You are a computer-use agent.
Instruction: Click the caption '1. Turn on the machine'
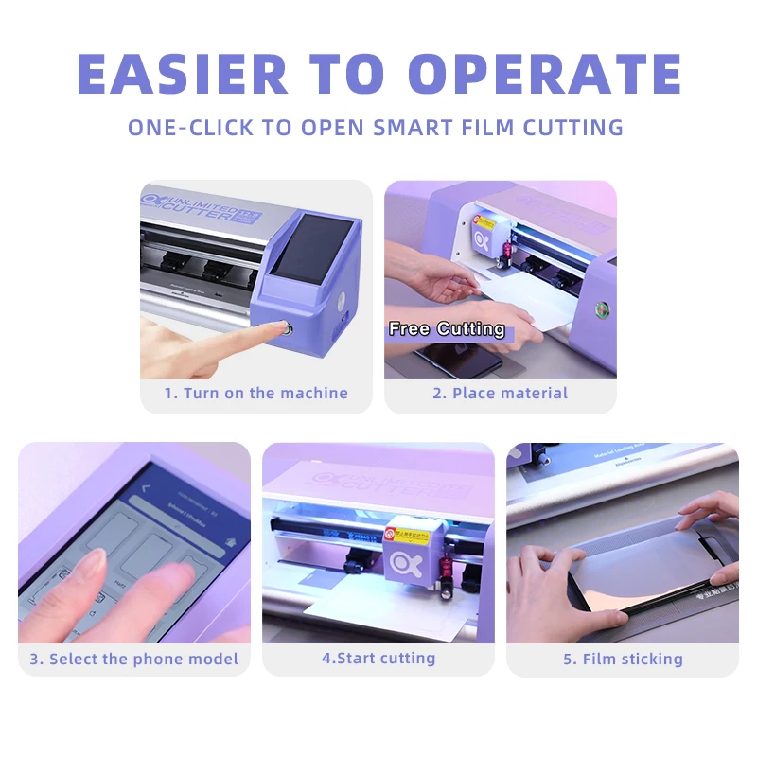pyautogui.click(x=255, y=394)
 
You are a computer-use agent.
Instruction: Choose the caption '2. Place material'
pyautogui.click(x=500, y=394)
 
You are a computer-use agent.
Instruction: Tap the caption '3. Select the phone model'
pyautogui.click(x=133, y=659)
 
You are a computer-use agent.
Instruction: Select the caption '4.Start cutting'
pyautogui.click(x=378, y=658)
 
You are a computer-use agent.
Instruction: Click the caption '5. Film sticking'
pyautogui.click(x=623, y=659)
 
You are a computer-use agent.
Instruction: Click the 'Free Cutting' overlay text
pyautogui.click(x=447, y=329)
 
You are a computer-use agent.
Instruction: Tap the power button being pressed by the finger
pyautogui.click(x=284, y=330)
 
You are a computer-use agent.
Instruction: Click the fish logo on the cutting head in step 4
pyautogui.click(x=401, y=560)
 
